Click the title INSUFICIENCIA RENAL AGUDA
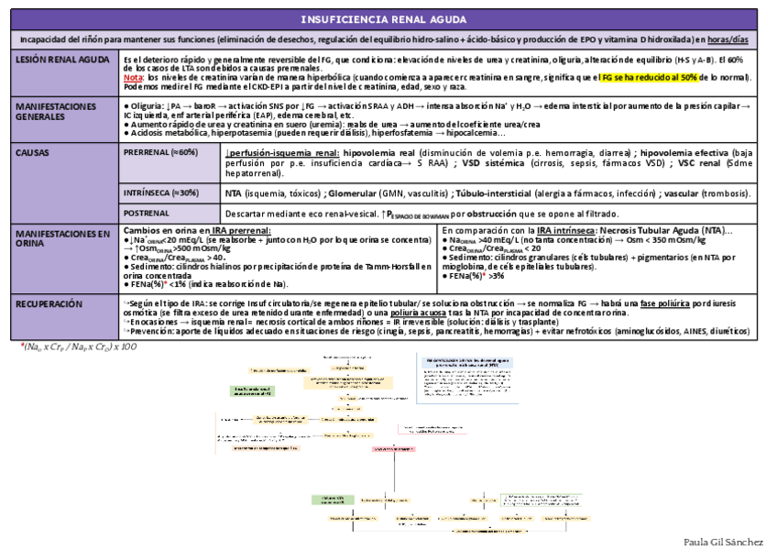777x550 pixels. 388,20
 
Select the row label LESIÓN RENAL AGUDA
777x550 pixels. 58,60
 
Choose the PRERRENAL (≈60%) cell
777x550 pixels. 161,152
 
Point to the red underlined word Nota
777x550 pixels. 132,78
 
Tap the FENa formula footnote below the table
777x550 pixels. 79,347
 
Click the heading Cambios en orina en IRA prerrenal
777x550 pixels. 197,230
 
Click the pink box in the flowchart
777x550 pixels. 394,449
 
